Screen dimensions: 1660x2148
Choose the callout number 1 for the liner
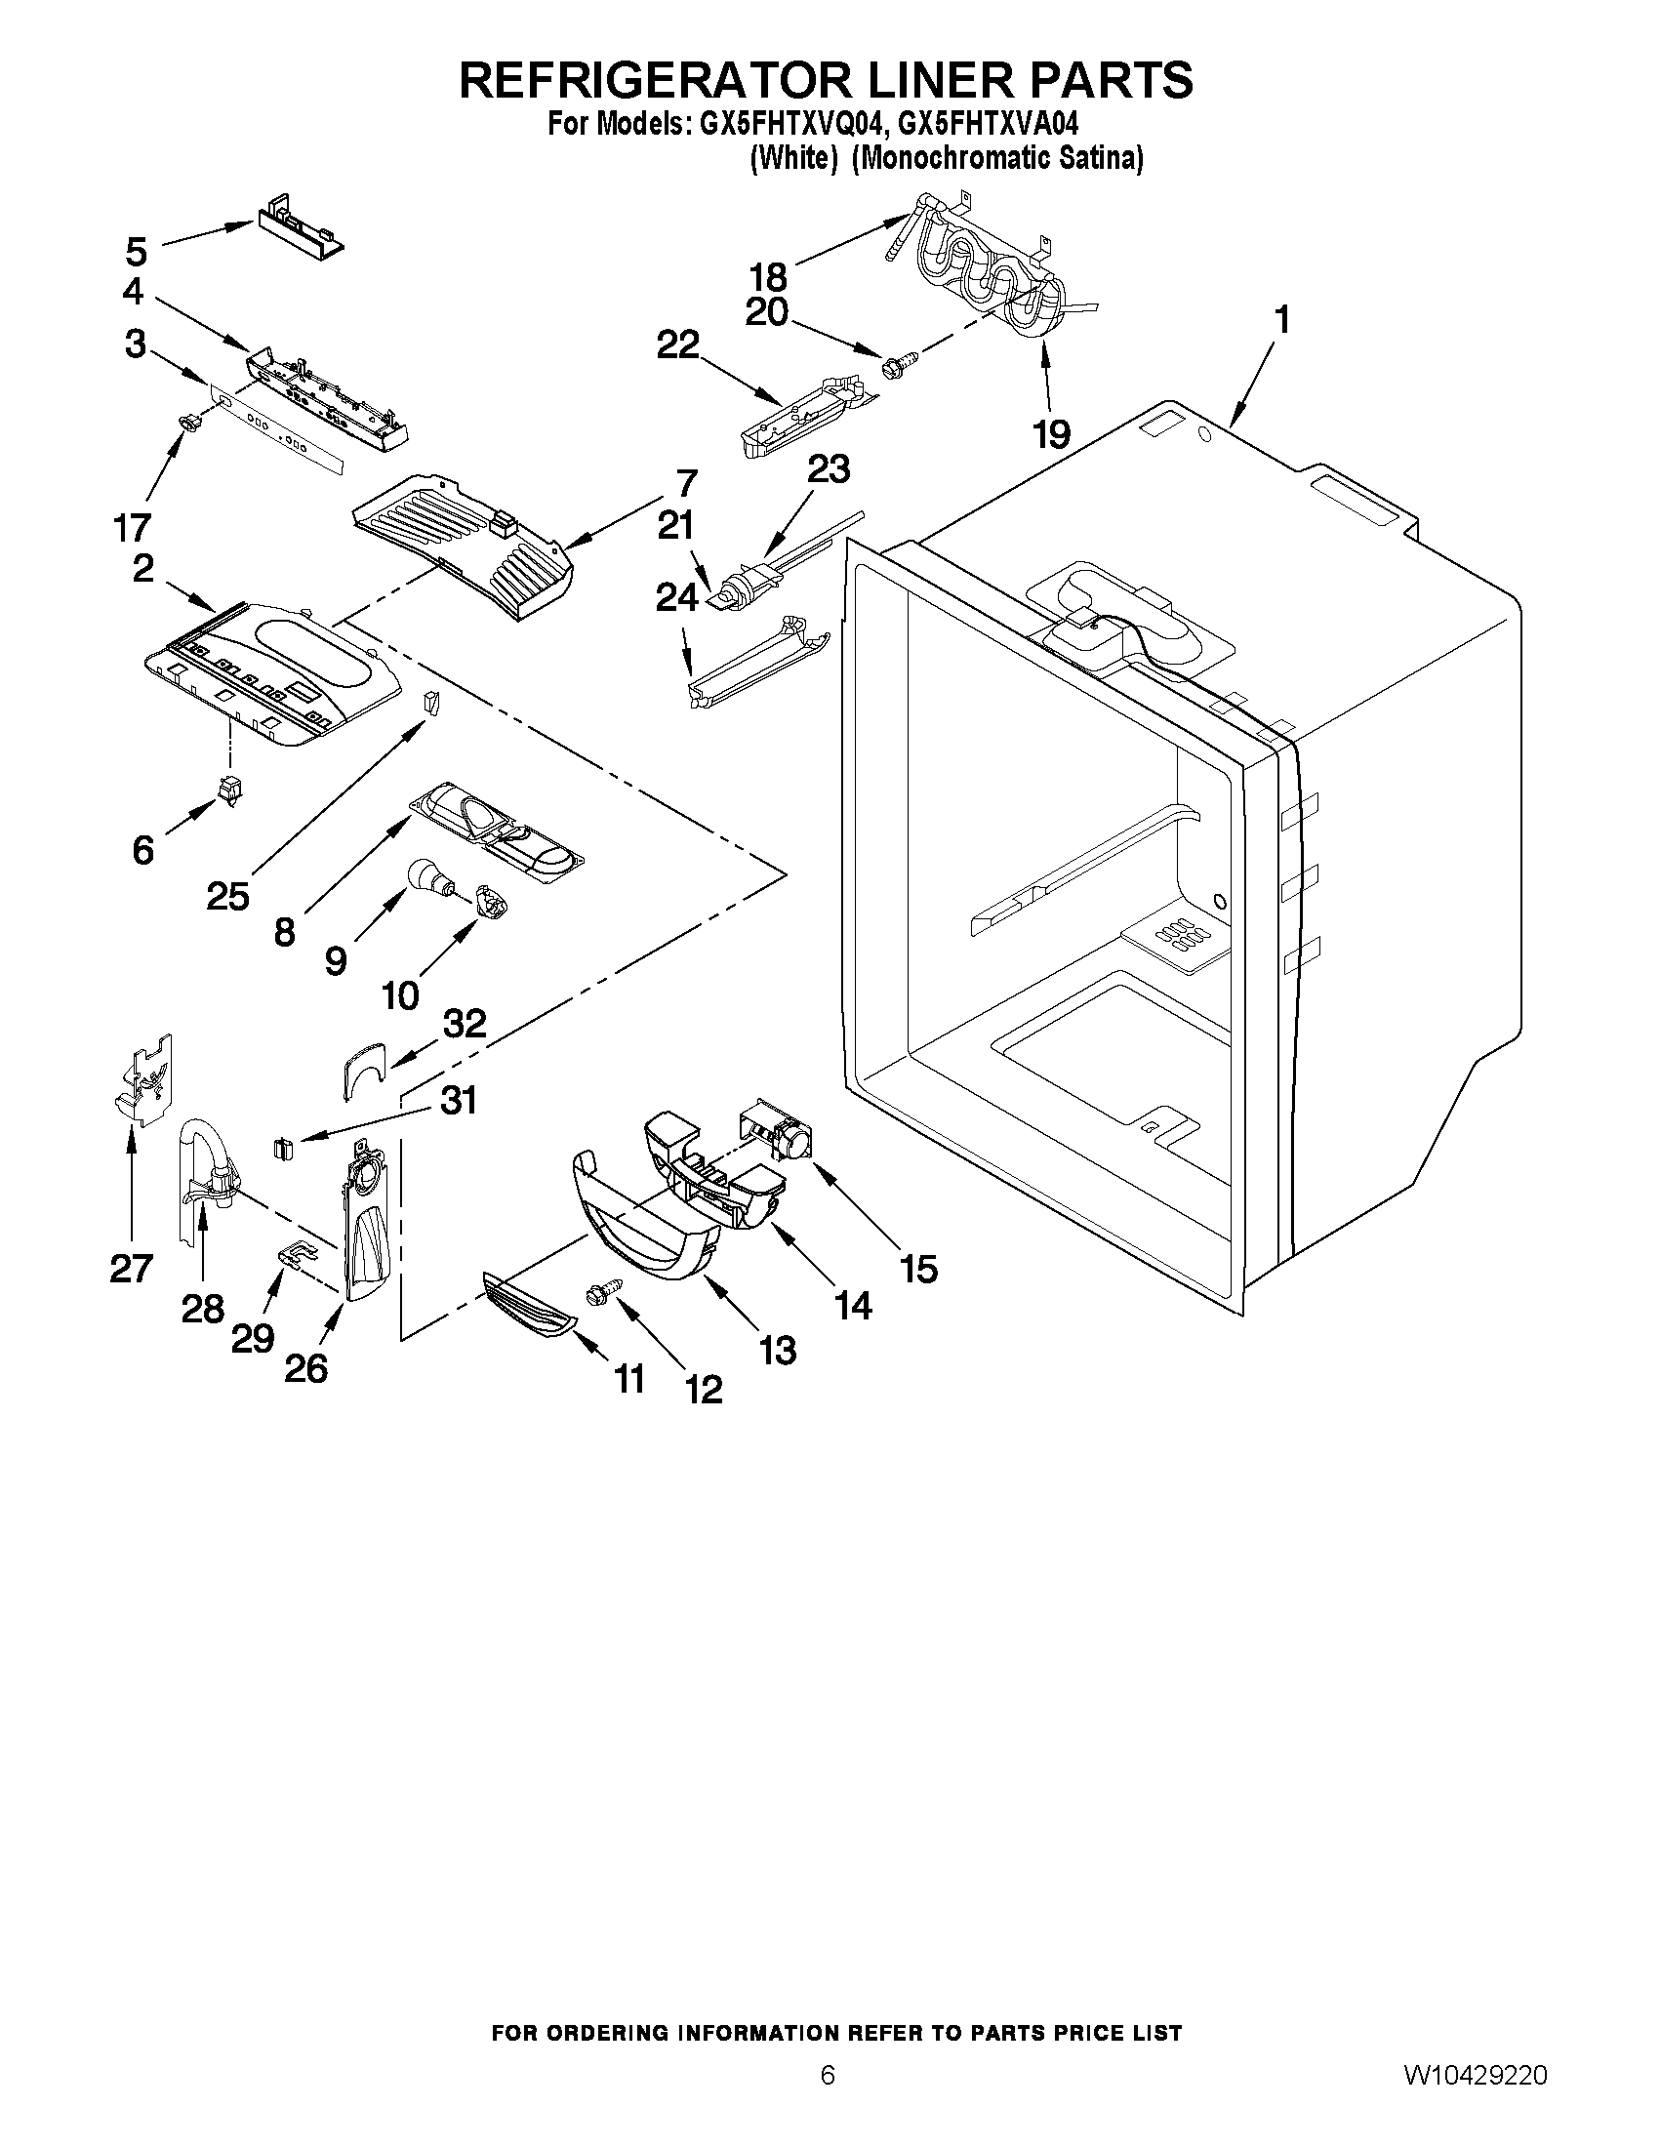point(1281,320)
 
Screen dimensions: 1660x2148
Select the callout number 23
point(828,469)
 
